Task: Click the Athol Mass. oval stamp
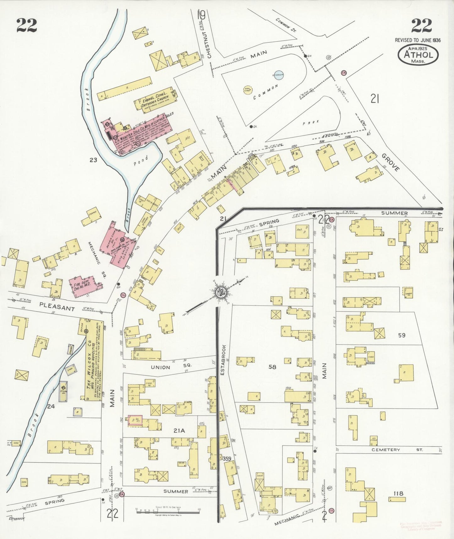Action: point(418,54)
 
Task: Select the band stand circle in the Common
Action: point(248,90)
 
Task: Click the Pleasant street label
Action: point(57,307)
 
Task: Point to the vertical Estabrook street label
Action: point(223,358)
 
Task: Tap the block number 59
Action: point(402,335)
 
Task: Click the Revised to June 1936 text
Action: point(418,40)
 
